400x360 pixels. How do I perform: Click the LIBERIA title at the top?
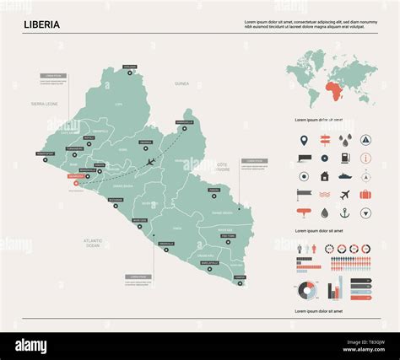tap(41, 24)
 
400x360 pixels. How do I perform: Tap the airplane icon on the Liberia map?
tap(150, 162)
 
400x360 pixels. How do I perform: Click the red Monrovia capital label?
tap(68, 175)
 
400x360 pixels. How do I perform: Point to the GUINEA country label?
tap(181, 84)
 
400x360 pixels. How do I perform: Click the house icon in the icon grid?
tap(325, 176)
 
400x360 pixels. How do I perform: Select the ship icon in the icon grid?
tap(345, 176)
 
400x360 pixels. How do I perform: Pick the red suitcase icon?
tap(365, 195)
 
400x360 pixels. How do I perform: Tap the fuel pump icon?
tap(345, 158)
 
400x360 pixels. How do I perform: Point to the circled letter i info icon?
tap(365, 158)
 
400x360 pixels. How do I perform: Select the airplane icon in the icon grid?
tap(345, 195)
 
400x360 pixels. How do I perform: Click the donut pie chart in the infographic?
tap(308, 290)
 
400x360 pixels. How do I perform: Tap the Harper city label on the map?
tap(240, 277)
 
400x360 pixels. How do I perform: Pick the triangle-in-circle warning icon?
tap(365, 139)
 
